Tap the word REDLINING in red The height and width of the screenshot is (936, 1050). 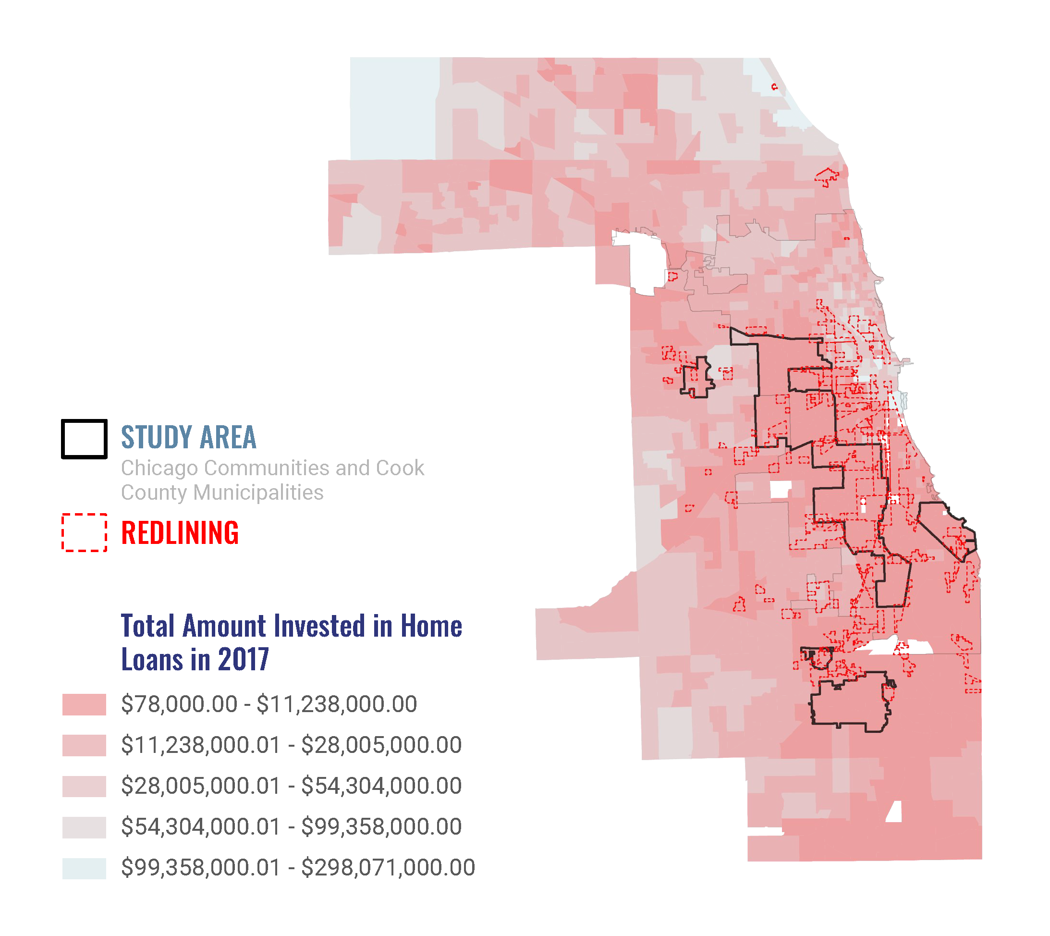point(180,533)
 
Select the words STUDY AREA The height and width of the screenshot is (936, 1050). point(188,437)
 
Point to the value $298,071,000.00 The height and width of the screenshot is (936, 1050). point(388,868)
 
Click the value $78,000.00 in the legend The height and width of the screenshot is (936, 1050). point(179,704)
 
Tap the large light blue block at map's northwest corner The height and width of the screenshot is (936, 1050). point(394,108)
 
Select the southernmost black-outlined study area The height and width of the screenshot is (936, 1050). point(851,702)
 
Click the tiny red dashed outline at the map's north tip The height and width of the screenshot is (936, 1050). point(774,87)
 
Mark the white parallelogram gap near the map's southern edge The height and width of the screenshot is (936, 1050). point(895,812)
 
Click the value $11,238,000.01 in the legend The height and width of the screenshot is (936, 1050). point(201,745)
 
